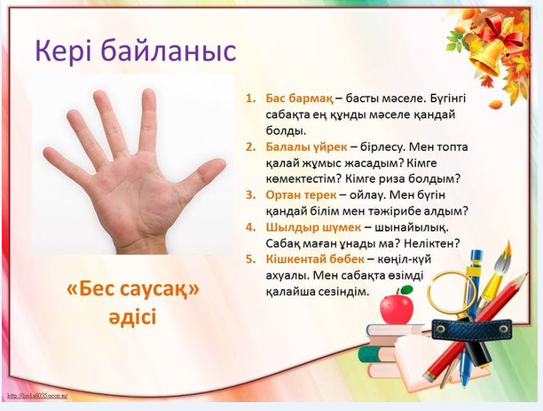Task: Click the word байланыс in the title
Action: [169, 51]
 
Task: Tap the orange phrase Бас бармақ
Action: [299, 99]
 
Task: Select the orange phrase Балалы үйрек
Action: [306, 147]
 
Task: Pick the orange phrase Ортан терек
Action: [301, 195]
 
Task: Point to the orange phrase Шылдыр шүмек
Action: [313, 227]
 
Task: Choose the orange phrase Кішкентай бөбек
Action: [315, 259]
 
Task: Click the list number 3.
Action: [250, 195]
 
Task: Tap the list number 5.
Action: [250, 259]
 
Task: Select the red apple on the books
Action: [397, 306]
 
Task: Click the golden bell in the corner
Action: [488, 58]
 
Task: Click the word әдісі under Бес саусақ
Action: [132, 317]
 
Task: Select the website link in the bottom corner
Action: [38, 395]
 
